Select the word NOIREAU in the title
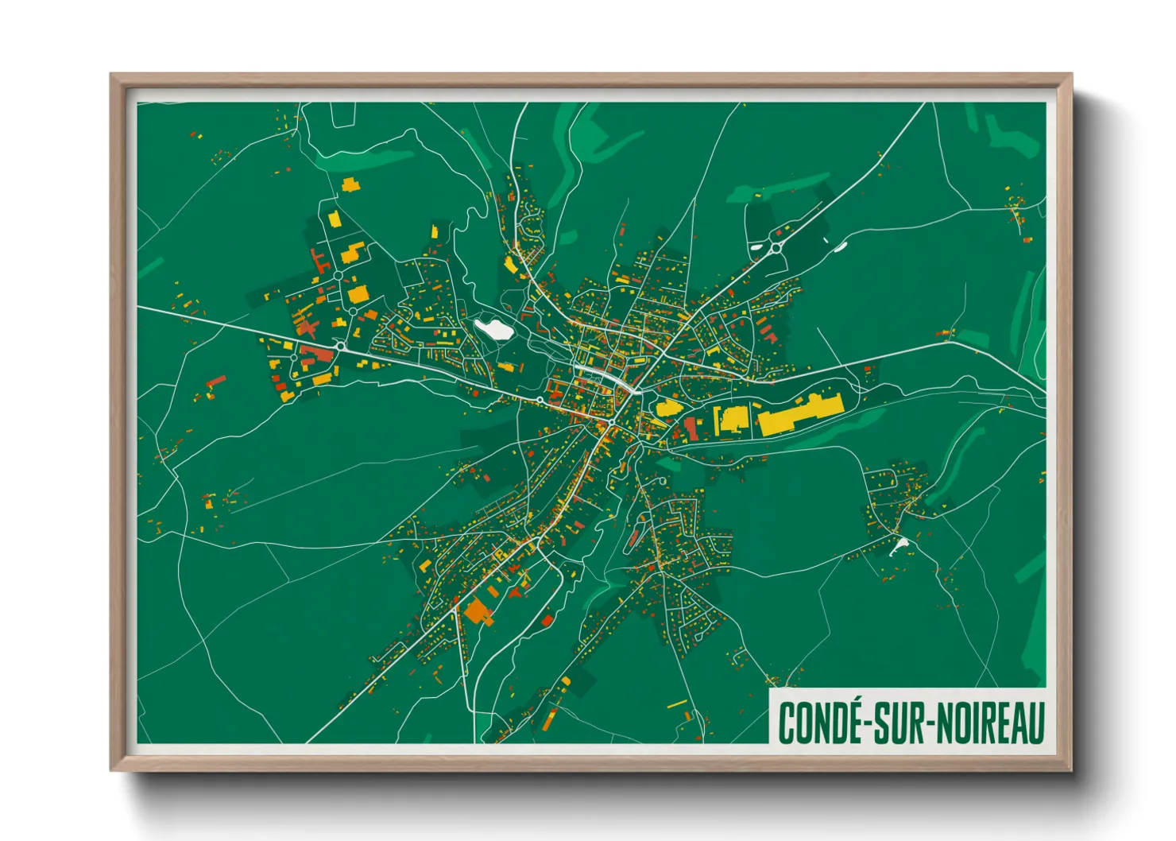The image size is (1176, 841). click(989, 723)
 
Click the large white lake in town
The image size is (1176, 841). click(492, 327)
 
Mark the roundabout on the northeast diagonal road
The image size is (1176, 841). click(775, 248)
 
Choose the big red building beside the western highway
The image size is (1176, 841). click(317, 353)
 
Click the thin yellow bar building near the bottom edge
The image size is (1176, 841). click(676, 703)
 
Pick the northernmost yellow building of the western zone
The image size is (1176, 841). click(350, 185)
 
